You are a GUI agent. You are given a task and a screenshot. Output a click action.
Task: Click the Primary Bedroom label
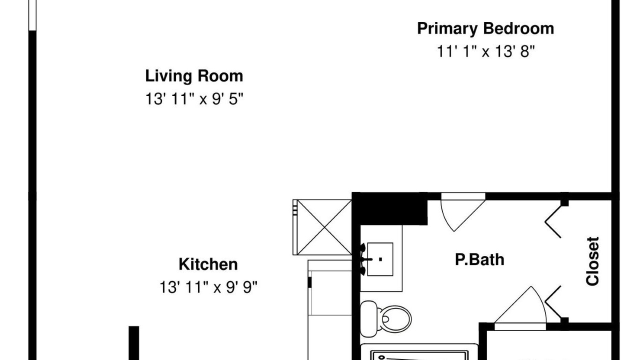pos(485,29)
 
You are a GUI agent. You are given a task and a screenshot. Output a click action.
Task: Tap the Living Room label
pos(194,76)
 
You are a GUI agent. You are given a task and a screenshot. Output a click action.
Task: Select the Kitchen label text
pos(208,264)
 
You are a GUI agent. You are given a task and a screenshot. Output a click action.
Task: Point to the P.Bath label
pos(479,259)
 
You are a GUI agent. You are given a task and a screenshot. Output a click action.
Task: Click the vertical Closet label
pos(592,261)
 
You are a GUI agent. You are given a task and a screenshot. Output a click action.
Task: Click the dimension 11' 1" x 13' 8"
pos(485,51)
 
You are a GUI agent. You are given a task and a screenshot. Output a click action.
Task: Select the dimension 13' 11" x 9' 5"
pos(194,99)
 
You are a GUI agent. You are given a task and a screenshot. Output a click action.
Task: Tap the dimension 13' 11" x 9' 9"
pos(208,287)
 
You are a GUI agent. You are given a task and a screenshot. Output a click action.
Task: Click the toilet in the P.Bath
pos(385,319)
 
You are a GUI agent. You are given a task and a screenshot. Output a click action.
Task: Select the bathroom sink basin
pos(380,259)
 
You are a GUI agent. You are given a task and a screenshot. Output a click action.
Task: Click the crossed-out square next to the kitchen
pos(322,227)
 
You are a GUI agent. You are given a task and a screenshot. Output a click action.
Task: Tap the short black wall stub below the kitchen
pos(133,343)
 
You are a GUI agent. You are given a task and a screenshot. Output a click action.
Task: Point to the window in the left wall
pos(32,15)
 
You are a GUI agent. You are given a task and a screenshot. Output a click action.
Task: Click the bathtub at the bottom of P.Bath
pos(419,352)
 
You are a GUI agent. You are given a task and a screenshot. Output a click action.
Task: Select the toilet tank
pos(368,319)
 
